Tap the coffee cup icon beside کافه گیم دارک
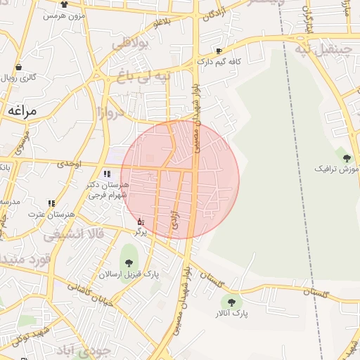click(x=219, y=51)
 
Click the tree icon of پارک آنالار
click(x=231, y=302)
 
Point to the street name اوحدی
click(x=70, y=164)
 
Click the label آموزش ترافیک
click(x=339, y=170)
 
